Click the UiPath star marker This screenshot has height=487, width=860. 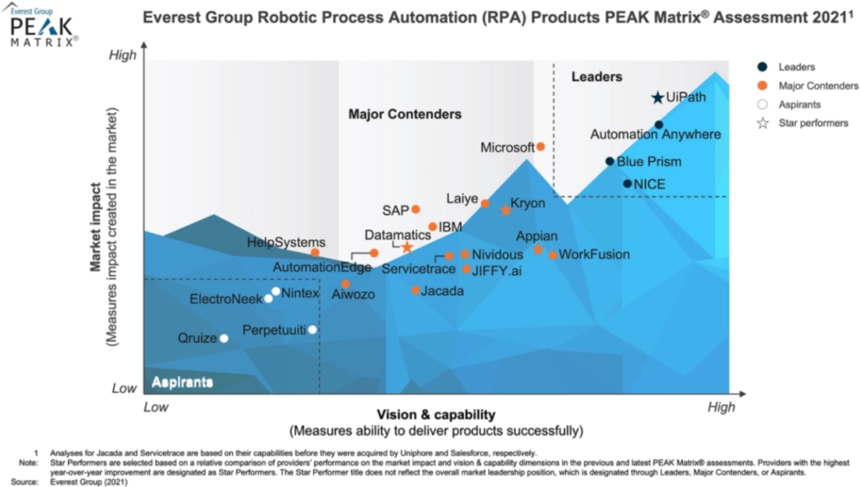(657, 97)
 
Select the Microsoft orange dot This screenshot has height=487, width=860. (541, 147)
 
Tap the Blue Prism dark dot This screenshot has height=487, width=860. (610, 161)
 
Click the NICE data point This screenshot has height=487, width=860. (627, 183)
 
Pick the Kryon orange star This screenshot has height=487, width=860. (505, 211)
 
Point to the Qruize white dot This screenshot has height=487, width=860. (224, 339)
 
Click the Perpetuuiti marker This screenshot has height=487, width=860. (312, 330)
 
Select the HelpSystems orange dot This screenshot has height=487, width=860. (315, 253)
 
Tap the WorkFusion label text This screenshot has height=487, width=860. (594, 254)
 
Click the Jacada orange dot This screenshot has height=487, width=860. (416, 290)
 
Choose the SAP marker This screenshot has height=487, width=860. (416, 209)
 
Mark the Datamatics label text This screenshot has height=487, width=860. (398, 234)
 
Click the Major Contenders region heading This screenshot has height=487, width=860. (405, 114)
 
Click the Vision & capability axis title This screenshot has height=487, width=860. (436, 415)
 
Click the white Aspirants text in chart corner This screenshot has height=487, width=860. (182, 382)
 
